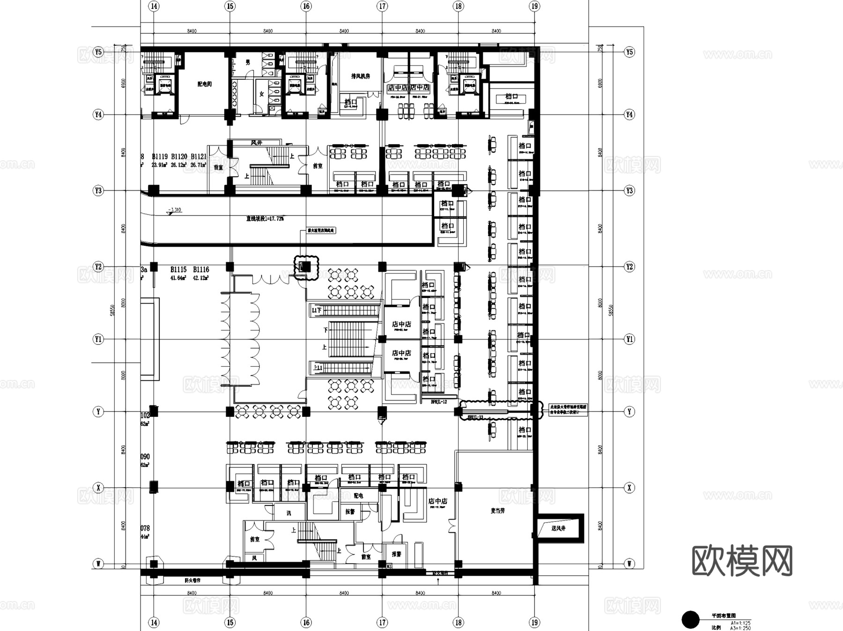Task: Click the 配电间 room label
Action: click(204, 84)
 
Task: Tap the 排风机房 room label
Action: click(361, 76)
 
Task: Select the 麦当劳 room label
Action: click(498, 511)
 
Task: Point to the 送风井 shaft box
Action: click(558, 528)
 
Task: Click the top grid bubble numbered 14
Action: click(154, 6)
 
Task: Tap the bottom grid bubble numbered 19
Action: click(534, 623)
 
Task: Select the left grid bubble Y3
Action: click(98, 191)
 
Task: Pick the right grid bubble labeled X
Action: click(629, 488)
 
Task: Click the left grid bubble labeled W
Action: click(98, 564)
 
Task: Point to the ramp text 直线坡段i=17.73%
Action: click(265, 218)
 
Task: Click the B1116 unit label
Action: click(201, 269)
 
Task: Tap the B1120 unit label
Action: click(179, 156)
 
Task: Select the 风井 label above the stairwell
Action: click(256, 142)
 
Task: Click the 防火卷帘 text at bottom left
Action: click(192, 580)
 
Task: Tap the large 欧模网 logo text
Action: click(742, 561)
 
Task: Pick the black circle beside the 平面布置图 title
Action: click(690, 620)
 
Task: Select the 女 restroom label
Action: click(262, 94)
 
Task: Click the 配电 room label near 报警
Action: click(358, 496)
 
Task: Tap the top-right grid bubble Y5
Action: click(629, 52)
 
